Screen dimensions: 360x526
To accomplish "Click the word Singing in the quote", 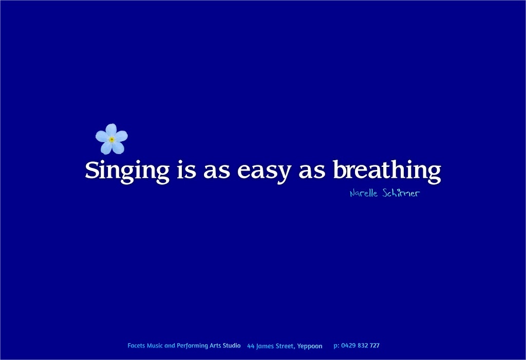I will pyautogui.click(x=127, y=170).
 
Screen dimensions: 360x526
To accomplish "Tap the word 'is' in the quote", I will pyautogui.click(x=186, y=169).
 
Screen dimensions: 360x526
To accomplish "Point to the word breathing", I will pyautogui.click(x=386, y=170).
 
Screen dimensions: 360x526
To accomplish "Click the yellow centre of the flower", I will pyautogui.click(x=111, y=139).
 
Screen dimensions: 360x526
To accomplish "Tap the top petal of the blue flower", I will pyautogui.click(x=111, y=129).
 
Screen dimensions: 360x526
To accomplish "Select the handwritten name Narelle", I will pyautogui.click(x=364, y=194).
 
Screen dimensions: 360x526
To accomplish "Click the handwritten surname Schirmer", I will pyautogui.click(x=401, y=194).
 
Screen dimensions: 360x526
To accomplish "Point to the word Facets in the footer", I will pyautogui.click(x=136, y=346).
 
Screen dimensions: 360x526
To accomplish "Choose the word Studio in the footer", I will pyautogui.click(x=232, y=346).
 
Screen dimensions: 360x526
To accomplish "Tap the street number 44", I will pyautogui.click(x=251, y=346).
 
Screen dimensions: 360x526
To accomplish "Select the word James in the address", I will pyautogui.click(x=265, y=346).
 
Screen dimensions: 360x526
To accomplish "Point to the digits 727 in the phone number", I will pyautogui.click(x=375, y=346).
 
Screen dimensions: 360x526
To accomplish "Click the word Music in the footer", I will pyautogui.click(x=155, y=346).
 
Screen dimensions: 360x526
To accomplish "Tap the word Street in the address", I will pyautogui.click(x=285, y=346).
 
